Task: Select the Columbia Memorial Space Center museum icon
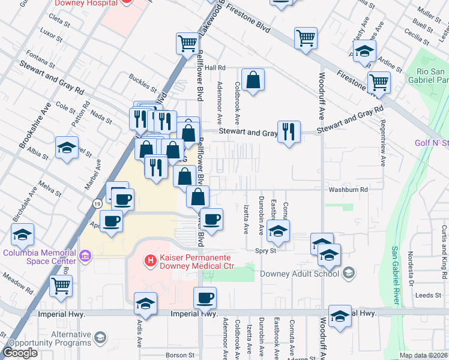click(x=85, y=257)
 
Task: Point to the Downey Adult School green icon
click(x=348, y=274)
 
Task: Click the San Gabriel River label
click(x=396, y=273)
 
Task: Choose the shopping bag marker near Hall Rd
click(x=253, y=80)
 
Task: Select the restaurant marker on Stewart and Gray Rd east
click(x=289, y=132)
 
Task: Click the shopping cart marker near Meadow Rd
click(x=61, y=287)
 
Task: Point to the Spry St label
click(x=265, y=251)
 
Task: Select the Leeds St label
click(x=429, y=295)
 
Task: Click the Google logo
click(x=20, y=353)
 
